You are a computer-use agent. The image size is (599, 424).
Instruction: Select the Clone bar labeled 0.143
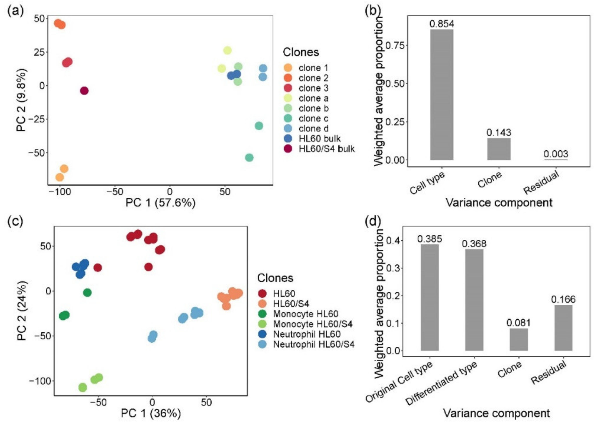499,149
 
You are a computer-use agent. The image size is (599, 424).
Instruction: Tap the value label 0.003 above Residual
556,154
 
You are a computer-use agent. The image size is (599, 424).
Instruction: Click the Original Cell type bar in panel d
430,297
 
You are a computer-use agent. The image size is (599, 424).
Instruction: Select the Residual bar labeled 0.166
563,328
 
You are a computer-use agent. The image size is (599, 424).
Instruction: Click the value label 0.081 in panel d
519,323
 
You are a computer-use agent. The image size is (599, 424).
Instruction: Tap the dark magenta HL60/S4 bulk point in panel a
84,91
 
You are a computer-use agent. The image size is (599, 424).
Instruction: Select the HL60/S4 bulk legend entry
326,149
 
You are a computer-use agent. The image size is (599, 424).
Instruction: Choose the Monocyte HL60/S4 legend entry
313,324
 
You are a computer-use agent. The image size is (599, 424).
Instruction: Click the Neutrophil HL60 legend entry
307,334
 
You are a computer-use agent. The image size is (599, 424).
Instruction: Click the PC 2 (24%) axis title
22,310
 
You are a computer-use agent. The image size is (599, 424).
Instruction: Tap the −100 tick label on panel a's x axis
60,192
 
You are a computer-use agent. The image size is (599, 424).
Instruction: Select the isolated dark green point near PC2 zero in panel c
87,293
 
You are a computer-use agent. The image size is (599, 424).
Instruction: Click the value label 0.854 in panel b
442,24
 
